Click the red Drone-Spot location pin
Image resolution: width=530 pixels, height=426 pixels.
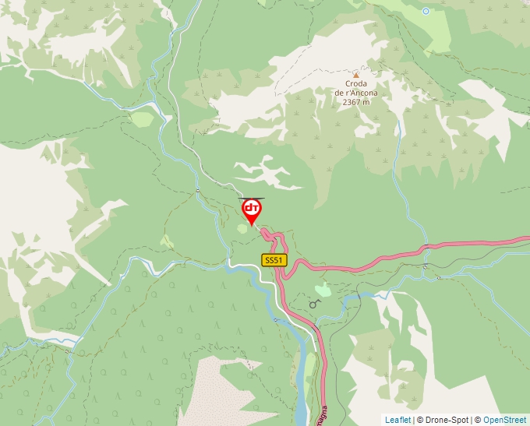(252, 211)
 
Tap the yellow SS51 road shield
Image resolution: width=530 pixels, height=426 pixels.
(274, 260)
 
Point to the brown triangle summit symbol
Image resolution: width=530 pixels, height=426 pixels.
(356, 75)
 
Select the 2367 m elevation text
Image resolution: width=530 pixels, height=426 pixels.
(356, 102)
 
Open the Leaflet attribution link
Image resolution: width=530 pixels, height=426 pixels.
(397, 420)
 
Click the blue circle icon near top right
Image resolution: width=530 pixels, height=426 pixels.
(426, 11)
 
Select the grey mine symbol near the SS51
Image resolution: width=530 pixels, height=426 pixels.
(315, 303)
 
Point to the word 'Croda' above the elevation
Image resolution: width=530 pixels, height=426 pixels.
(356, 84)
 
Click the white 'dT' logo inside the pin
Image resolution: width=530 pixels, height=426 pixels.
(252, 208)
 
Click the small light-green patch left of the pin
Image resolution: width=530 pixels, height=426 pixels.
(242, 229)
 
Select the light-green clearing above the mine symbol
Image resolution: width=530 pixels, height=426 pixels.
(321, 290)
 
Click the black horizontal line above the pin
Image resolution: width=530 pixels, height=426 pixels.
(251, 198)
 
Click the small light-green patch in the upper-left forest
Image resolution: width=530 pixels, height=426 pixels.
(142, 118)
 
